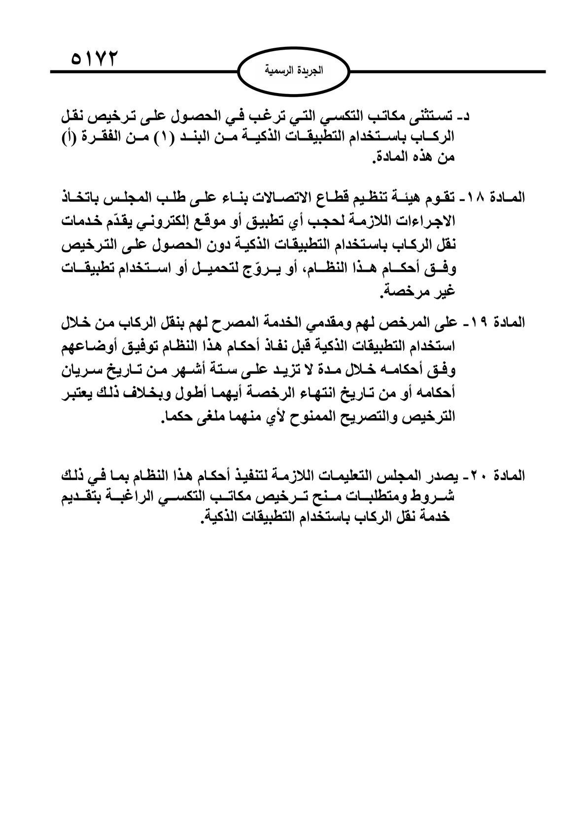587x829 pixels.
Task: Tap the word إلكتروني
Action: pos(202,221)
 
